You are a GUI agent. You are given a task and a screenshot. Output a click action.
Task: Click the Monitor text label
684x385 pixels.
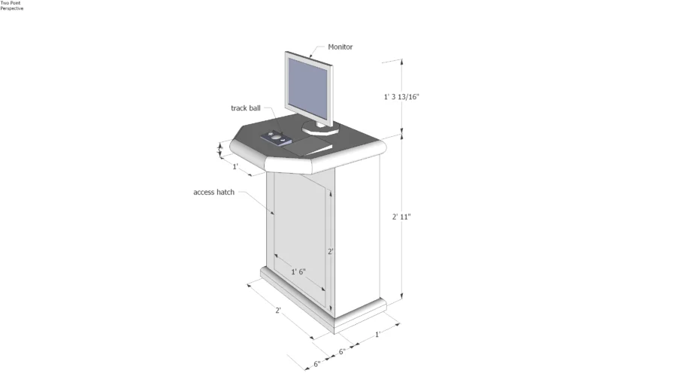(340, 47)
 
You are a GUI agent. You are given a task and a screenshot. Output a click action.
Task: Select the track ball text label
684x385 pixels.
(245, 108)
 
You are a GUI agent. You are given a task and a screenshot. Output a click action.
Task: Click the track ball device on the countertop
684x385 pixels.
(276, 138)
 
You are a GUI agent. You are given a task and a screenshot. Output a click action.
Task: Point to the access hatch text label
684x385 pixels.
(213, 192)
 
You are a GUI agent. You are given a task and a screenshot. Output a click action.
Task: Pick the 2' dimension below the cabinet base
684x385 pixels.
(277, 310)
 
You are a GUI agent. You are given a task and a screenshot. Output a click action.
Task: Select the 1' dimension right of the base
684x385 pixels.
(378, 333)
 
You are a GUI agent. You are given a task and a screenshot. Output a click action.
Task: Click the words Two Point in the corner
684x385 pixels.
(11, 3)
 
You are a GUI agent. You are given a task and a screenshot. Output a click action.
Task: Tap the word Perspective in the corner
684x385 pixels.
(11, 8)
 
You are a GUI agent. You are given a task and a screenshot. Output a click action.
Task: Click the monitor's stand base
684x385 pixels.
(320, 130)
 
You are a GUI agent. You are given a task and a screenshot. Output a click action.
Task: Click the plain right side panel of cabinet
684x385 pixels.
(356, 233)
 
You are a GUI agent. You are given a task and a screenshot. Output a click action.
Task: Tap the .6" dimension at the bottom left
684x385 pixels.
(316, 364)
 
